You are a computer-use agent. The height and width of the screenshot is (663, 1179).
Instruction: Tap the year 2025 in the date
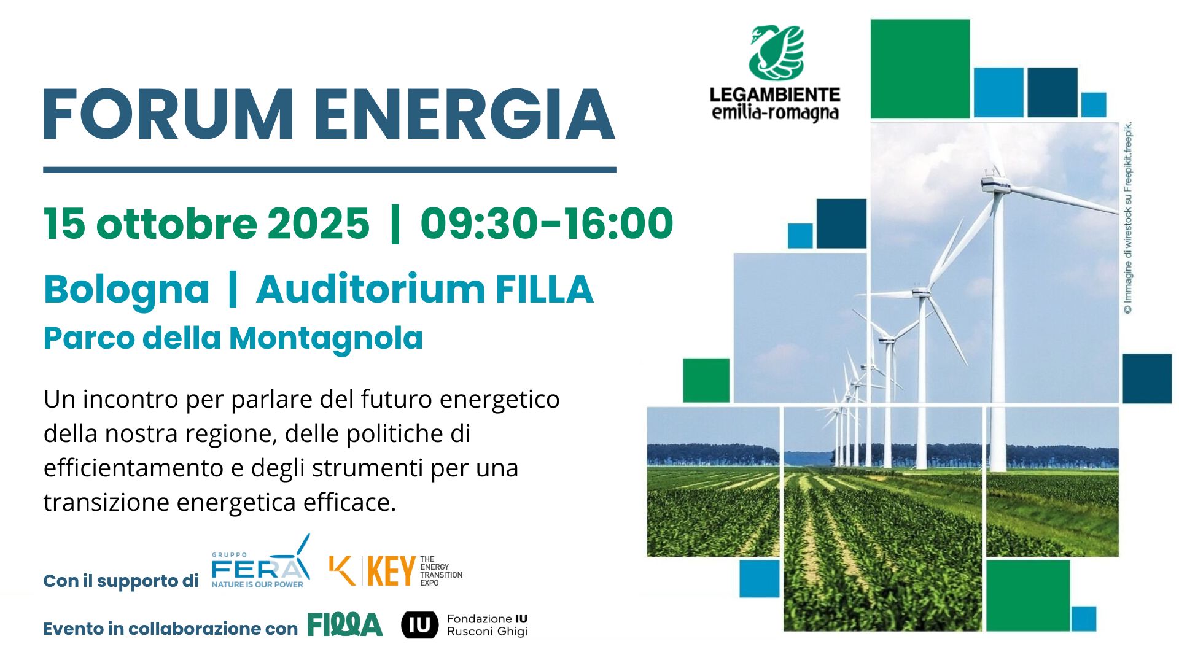point(318,223)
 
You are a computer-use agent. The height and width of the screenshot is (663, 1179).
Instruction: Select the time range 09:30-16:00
point(547,223)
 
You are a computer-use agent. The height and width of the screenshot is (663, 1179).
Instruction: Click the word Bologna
point(126,290)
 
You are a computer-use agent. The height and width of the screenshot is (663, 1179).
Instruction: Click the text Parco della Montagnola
point(233,338)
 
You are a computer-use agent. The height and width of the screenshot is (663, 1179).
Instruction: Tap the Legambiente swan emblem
point(776,53)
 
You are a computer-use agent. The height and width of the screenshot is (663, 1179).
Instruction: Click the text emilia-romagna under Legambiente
point(775,114)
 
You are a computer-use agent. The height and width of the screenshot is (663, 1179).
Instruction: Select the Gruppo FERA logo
point(260,564)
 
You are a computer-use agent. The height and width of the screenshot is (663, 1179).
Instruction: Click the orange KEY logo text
point(391,571)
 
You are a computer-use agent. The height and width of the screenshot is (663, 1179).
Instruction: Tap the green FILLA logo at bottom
point(344,625)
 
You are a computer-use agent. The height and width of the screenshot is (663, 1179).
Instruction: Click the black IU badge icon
point(420,625)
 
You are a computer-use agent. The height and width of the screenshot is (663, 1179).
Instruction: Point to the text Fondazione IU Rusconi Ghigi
point(487,625)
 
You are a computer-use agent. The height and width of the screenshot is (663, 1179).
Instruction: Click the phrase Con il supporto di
point(121,581)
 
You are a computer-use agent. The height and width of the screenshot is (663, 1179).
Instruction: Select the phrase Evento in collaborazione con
point(170,629)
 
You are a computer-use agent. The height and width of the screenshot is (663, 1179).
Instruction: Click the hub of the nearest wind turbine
point(996,183)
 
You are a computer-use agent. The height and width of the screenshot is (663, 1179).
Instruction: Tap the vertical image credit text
point(1128,218)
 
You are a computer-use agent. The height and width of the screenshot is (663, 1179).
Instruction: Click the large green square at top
point(920,69)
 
